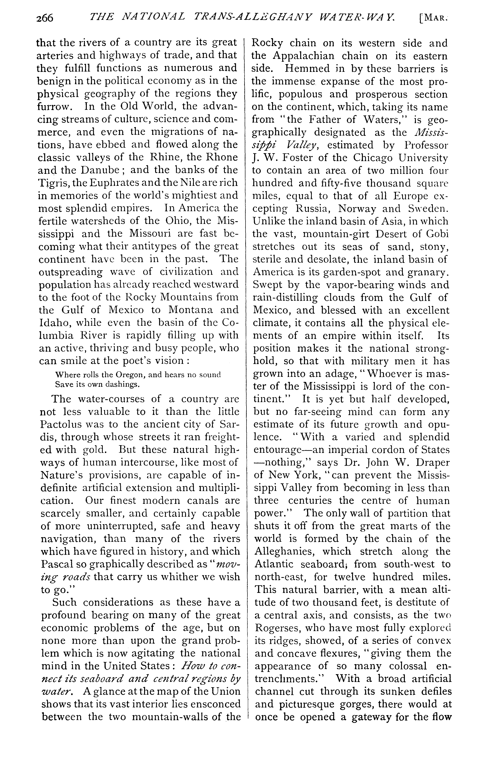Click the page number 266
click(45, 18)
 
